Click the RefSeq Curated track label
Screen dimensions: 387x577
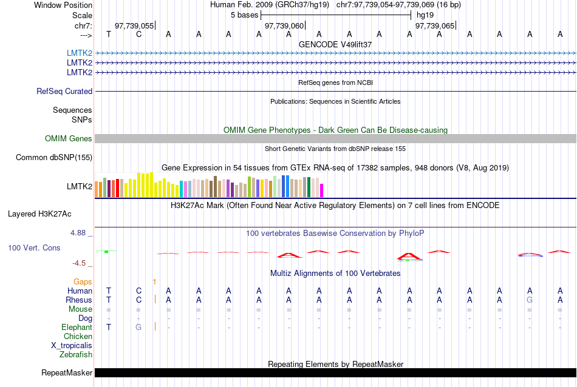[x=64, y=91]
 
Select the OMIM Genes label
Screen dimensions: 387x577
[x=69, y=138]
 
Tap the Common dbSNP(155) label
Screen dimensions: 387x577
[x=54, y=158]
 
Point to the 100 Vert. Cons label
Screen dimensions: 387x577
[x=34, y=247]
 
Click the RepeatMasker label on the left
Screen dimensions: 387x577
[x=67, y=372]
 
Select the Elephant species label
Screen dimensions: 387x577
[x=77, y=327]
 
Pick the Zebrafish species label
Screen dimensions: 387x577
[x=76, y=354]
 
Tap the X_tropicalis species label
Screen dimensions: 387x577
[x=72, y=345]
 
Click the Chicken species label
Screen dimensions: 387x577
[x=78, y=336]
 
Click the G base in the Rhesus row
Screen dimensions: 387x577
[x=530, y=300]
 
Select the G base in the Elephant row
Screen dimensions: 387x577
[x=138, y=327]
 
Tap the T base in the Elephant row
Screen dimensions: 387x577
[x=109, y=327]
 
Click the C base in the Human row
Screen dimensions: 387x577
[x=138, y=291]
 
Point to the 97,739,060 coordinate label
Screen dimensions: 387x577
[x=284, y=26]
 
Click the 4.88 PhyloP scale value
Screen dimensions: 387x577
[x=81, y=233]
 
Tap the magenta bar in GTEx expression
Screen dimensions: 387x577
[x=322, y=190]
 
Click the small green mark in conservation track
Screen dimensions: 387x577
[x=106, y=251]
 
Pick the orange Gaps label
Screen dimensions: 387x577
[x=83, y=281]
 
